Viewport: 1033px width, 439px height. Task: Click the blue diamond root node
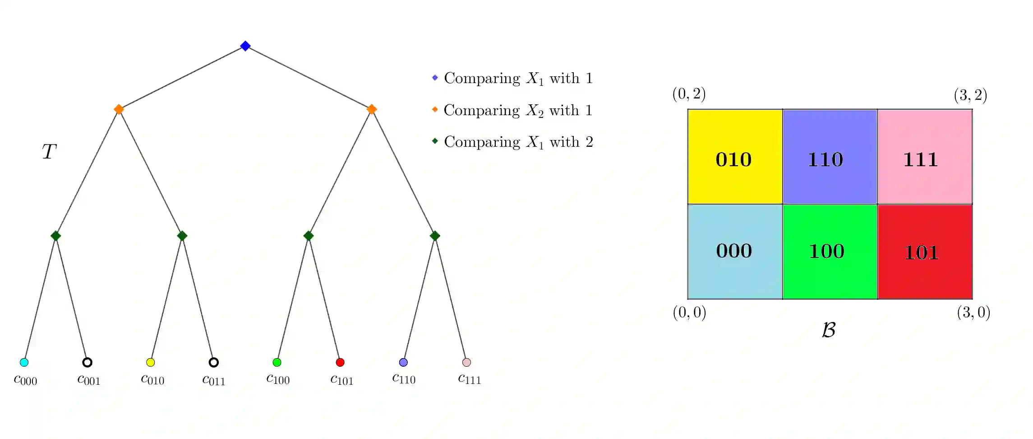245,46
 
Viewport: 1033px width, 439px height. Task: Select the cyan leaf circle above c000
24,362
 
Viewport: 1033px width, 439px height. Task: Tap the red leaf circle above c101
340,362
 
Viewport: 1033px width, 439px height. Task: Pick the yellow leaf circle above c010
151,362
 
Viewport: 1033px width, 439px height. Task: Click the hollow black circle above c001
88,362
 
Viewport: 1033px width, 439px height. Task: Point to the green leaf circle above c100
277,362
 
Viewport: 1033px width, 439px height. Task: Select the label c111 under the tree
469,379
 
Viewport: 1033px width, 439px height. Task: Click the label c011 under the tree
213,380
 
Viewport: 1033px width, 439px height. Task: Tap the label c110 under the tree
404,378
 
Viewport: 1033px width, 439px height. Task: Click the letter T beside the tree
49,151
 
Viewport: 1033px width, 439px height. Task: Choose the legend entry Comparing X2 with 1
518,110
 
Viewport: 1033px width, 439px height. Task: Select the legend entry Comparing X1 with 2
518,142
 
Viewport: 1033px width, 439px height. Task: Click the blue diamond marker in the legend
435,78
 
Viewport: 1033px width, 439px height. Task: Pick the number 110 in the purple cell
825,159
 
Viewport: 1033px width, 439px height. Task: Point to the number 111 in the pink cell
920,159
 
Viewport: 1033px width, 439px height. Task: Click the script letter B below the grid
829,330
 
